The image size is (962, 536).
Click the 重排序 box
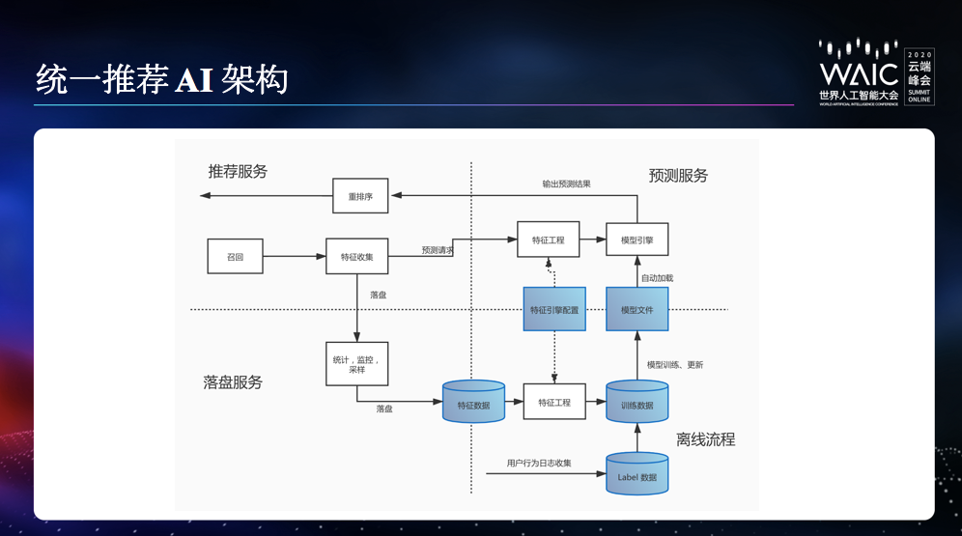click(360, 196)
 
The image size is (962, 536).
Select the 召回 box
click(235, 257)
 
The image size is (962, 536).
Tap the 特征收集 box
click(356, 257)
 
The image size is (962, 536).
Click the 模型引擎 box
click(637, 239)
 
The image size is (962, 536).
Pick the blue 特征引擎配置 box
click(554, 309)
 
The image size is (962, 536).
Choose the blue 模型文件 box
click(637, 309)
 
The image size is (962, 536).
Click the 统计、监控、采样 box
click(356, 363)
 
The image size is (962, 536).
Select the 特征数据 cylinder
click(473, 403)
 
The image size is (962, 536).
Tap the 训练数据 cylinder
click(637, 403)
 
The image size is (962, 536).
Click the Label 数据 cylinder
click(637, 474)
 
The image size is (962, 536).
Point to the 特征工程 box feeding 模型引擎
click(548, 239)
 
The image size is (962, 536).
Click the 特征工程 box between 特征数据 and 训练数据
click(554, 402)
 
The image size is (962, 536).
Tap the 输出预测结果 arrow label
click(566, 183)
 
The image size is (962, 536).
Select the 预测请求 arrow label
click(437, 250)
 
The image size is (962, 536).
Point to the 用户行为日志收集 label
click(539, 464)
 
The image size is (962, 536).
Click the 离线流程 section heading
click(705, 439)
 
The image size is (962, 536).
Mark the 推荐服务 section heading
click(238, 171)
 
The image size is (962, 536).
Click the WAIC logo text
click(859, 73)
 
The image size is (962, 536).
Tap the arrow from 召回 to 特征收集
click(294, 257)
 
